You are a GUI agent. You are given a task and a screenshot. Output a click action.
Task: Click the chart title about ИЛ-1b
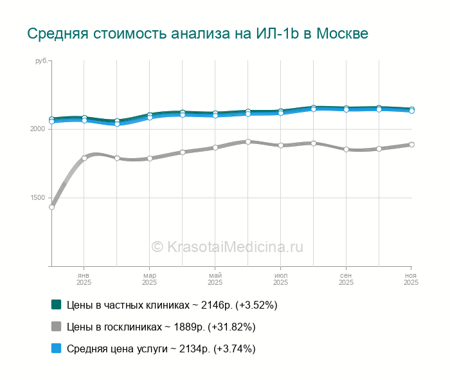[197, 33]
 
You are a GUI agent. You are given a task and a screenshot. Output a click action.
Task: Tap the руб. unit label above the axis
[41, 60]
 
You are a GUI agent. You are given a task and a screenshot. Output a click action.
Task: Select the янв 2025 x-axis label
[84, 278]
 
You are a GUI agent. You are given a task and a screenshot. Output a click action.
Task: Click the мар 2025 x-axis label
[149, 278]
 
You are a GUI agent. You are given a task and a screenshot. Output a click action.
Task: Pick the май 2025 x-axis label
[215, 278]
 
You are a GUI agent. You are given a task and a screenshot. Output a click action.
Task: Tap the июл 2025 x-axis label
[280, 278]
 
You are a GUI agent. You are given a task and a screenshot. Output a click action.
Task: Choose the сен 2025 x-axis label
[346, 278]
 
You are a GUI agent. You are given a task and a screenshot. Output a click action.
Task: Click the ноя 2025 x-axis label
[410, 278]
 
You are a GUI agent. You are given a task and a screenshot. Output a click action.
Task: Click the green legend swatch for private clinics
[56, 304]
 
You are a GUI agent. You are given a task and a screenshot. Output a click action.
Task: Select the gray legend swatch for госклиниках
[56, 327]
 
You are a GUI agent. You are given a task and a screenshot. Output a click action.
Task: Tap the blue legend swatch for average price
[56, 348]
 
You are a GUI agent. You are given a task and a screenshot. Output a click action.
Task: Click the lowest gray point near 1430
[51, 207]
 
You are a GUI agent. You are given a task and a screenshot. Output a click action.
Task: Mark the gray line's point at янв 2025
[84, 158]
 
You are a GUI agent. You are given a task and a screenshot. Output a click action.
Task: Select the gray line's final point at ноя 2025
[411, 145]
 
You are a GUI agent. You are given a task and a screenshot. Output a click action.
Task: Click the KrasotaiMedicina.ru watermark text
[227, 246]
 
